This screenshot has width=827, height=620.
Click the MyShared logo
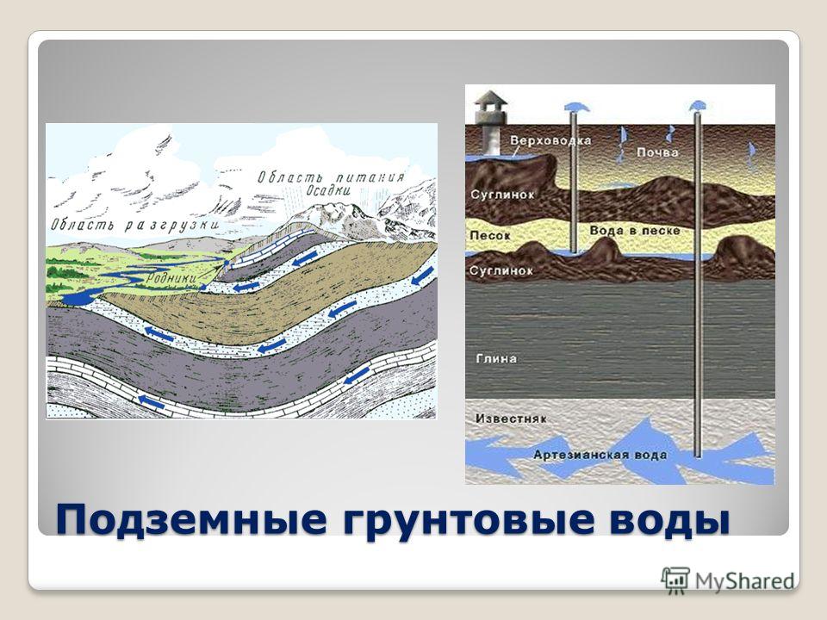728,581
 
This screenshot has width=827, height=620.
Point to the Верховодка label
550,140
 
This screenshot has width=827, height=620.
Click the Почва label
657,152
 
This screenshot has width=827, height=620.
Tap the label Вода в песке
635,231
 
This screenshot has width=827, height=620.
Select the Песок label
490,235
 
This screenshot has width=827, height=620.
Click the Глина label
496,358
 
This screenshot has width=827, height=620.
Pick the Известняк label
511,418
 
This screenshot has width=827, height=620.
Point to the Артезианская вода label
600,455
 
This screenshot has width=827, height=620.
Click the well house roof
490,98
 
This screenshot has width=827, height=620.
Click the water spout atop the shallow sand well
575,107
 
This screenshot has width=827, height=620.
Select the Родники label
171,278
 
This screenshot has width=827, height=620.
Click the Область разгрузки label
135,225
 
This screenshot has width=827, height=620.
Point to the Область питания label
331,177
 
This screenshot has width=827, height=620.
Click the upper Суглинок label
502,195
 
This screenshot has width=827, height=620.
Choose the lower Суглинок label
501,271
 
